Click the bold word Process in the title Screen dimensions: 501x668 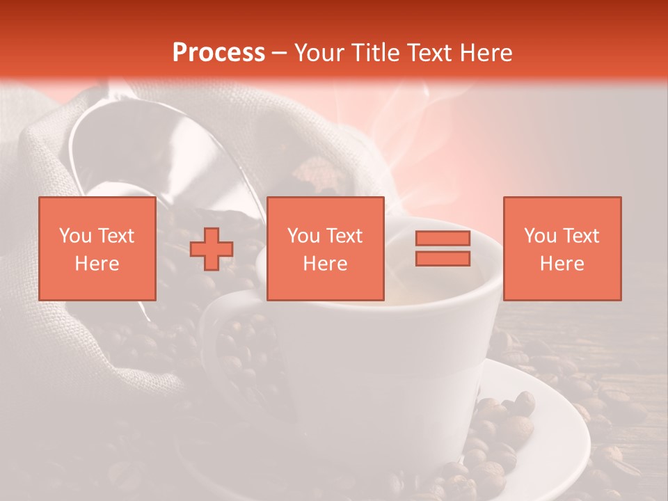tap(218, 53)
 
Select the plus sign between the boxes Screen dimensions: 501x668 tap(212, 249)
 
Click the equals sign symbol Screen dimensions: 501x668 tap(443, 248)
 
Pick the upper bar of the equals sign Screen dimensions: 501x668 tap(443, 239)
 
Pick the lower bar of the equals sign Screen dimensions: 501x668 tap(443, 258)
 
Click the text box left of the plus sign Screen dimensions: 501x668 tap(97, 248)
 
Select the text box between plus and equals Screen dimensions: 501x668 tap(325, 248)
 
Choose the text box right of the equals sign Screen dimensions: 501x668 tap(562, 248)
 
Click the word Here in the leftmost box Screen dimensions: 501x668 tap(97, 264)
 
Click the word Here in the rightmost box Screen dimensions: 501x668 tap(562, 264)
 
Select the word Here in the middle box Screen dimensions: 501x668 tap(325, 264)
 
